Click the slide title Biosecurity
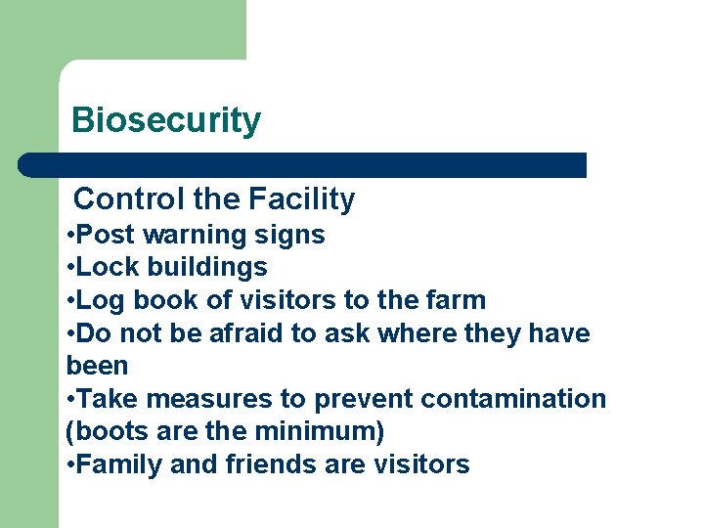(x=166, y=120)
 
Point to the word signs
(x=290, y=236)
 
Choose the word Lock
(x=101, y=267)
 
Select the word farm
(x=454, y=300)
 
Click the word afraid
(x=234, y=333)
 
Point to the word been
(x=97, y=366)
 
